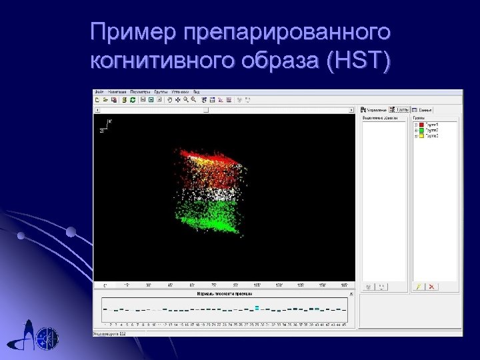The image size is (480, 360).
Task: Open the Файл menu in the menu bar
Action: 99,91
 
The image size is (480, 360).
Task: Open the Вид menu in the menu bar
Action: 197,91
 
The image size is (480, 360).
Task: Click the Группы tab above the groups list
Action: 400,109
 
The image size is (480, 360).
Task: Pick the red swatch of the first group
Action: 422,125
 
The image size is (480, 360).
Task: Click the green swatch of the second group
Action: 422,130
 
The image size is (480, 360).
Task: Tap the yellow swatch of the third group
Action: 422,135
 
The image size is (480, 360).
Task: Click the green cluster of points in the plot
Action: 207,217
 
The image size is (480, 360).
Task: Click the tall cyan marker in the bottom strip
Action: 257,308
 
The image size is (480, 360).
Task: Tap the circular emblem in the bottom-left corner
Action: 47,337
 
